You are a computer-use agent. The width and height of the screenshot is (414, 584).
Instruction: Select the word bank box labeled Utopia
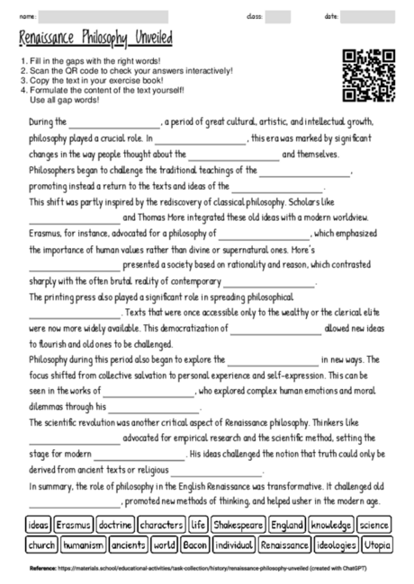pos(377,544)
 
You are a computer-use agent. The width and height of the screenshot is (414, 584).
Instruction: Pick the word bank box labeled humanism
pos(84,544)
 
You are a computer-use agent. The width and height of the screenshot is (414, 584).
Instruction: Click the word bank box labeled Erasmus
pos(73,524)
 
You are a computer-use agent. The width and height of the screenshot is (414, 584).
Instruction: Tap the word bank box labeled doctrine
pos(115,524)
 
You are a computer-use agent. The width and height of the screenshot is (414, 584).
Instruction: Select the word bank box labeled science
pos(373,524)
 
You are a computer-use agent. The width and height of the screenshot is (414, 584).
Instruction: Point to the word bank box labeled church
pos(41,544)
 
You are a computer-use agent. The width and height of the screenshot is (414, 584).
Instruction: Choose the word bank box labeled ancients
pos(128,544)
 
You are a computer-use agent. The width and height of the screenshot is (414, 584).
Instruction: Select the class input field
pos(278,16)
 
